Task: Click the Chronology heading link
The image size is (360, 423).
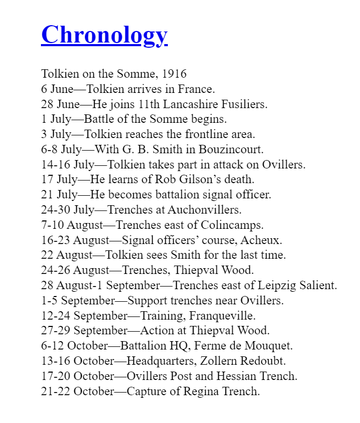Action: pos(104,35)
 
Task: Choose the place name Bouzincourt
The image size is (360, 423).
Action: pos(234,150)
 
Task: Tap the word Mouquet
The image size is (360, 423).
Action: pos(267,346)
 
